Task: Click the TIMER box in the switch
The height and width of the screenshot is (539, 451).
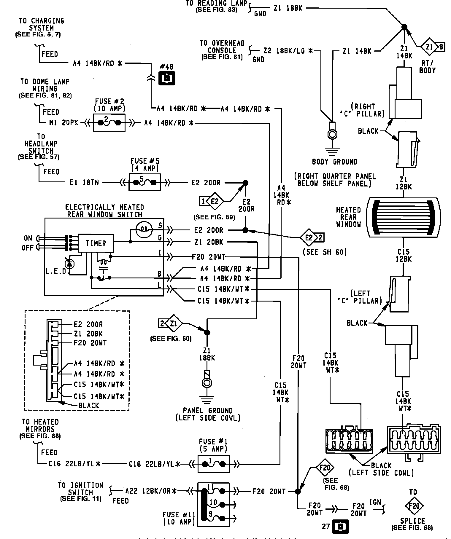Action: [96, 243]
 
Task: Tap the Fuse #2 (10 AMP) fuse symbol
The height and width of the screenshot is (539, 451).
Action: [109, 122]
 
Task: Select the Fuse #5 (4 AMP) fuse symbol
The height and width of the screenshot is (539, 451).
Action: [144, 182]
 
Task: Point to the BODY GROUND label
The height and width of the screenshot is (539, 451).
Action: [334, 162]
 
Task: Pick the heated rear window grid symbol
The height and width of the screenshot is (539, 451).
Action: [403, 217]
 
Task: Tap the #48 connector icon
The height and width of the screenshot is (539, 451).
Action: [167, 79]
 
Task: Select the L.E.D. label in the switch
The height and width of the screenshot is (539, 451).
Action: [56, 271]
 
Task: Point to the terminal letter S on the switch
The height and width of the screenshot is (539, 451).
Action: [160, 226]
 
